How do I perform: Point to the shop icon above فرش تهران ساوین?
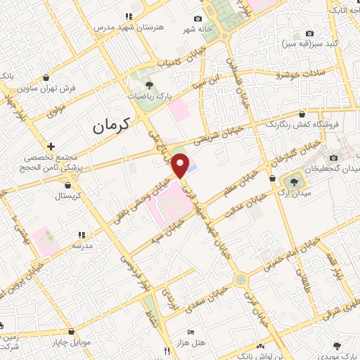coord(46,78)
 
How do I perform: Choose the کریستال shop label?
coord(68,196)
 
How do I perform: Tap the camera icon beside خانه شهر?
coord(198,18)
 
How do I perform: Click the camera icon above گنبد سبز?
coord(309,34)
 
